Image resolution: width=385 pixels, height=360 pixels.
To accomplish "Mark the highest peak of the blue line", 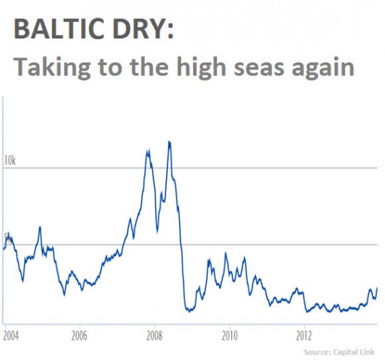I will [169, 141].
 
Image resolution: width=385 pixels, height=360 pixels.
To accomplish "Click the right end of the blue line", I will [377, 288].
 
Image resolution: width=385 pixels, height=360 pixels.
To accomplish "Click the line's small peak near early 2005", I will [39, 227].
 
